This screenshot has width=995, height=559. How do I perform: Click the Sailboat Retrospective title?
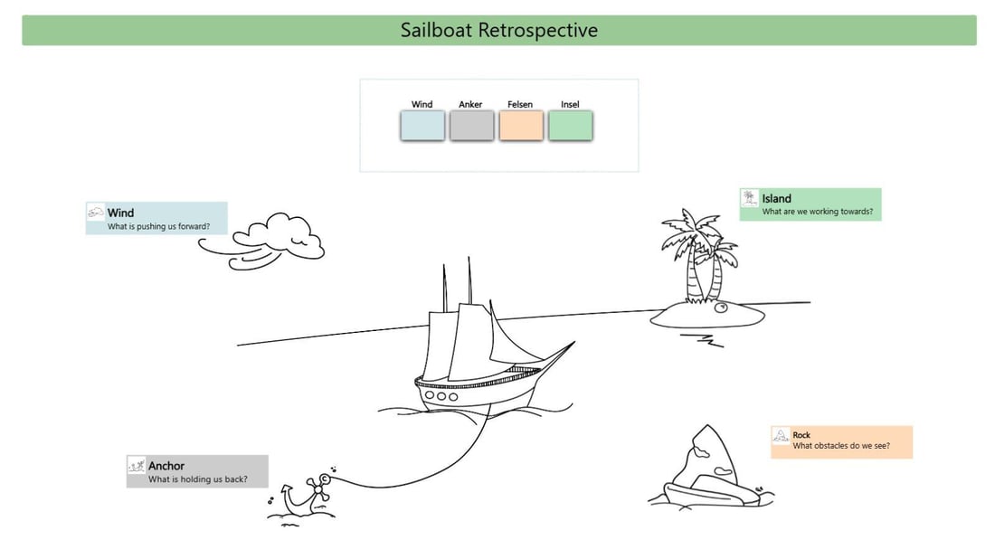tap(499, 30)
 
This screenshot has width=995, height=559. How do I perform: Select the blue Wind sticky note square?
tap(422, 126)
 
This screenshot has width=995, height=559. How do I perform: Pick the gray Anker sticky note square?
tap(471, 126)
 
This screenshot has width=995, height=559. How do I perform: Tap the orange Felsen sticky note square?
tap(521, 126)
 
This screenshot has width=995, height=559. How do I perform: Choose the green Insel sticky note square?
tap(570, 126)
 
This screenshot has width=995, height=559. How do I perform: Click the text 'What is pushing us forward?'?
tap(159, 226)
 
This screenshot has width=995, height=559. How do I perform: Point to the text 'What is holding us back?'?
tap(197, 479)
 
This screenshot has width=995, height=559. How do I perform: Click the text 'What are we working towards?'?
tap(817, 212)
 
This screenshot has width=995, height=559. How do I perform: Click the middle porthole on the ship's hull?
tap(442, 395)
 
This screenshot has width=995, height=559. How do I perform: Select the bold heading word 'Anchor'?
tap(166, 467)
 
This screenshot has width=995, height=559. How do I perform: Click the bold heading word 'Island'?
tap(776, 199)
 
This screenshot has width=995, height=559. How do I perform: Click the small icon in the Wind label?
tap(96, 213)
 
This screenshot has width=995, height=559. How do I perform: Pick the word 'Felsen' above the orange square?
tap(520, 105)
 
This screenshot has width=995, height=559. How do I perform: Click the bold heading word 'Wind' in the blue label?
tap(120, 213)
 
